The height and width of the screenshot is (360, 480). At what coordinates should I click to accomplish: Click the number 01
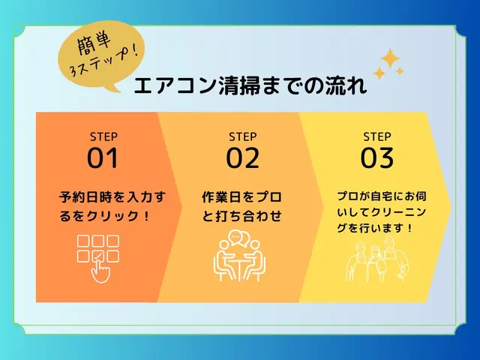tap(103, 158)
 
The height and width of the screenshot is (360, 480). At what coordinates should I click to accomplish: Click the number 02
tap(242, 158)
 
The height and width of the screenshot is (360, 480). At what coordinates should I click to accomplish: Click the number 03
tap(377, 158)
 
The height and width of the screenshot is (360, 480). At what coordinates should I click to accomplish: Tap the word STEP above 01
tap(103, 136)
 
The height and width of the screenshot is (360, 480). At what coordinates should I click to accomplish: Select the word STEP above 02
tap(242, 136)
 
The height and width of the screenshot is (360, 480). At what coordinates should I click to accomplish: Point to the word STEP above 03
tap(377, 136)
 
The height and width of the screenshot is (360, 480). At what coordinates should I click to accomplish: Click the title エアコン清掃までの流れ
tap(250, 86)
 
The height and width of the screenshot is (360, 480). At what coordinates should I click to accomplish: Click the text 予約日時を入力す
tap(110, 198)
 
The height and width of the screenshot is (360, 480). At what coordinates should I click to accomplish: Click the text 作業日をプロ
tap(241, 198)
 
